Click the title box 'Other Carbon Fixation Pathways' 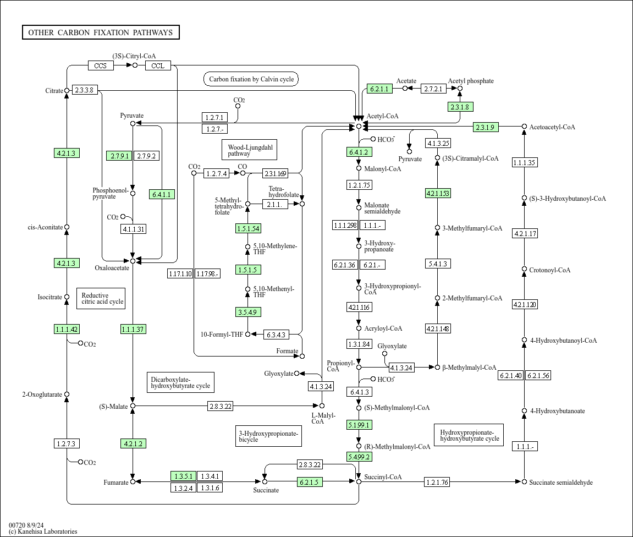(x=101, y=32)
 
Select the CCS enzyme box (x=101, y=65)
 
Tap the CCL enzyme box (x=158, y=65)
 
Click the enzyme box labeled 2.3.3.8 (x=84, y=90)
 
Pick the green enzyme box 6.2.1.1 (x=379, y=89)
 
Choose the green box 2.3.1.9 (x=486, y=127)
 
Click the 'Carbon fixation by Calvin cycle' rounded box (x=251, y=79)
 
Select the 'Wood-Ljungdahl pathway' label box (x=250, y=150)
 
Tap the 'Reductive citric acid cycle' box (x=101, y=298)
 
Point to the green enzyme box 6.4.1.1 (x=162, y=194)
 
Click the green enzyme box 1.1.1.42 (x=67, y=329)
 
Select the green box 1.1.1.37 (x=133, y=329)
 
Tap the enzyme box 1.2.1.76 (x=437, y=482)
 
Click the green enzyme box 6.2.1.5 (x=310, y=481)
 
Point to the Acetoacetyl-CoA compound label (x=552, y=127)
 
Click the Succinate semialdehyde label (x=561, y=482)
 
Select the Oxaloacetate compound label (x=112, y=268)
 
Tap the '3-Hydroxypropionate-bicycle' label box (x=268, y=436)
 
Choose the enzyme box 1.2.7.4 (x=216, y=173)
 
